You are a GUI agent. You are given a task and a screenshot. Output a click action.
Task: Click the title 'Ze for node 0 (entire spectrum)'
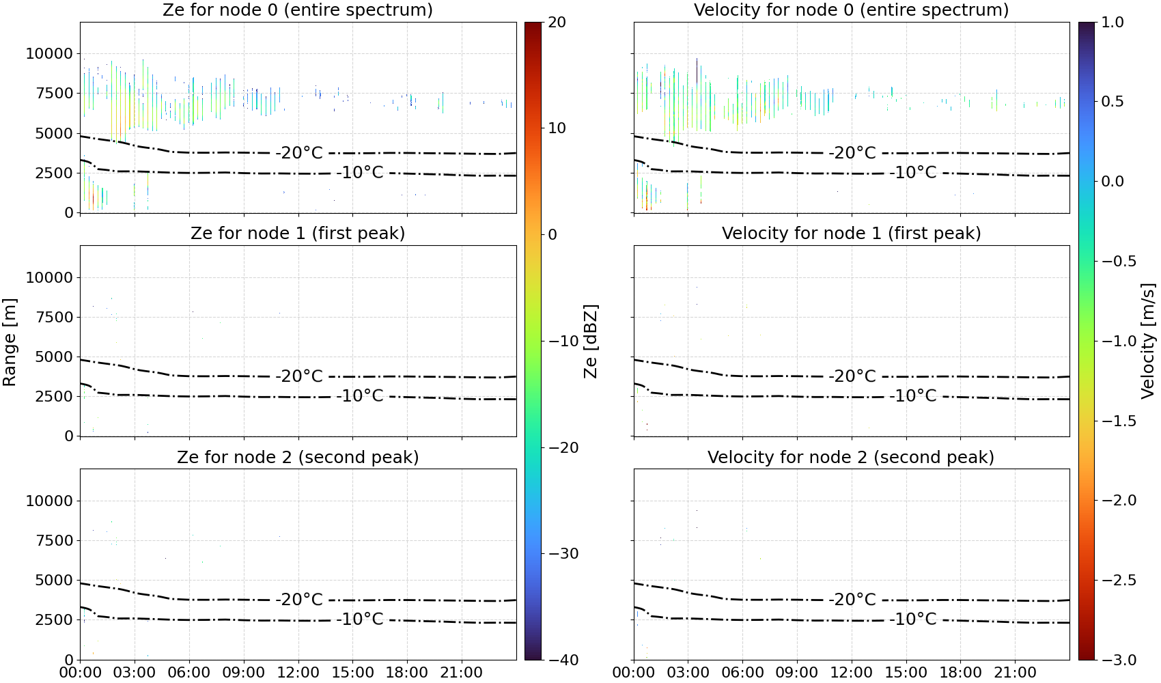(x=298, y=10)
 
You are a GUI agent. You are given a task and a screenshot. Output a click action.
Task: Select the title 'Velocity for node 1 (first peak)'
(x=852, y=233)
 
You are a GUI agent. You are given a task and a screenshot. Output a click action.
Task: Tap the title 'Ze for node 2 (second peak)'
(x=298, y=457)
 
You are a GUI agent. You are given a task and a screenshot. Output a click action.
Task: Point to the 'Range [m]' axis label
(x=10, y=342)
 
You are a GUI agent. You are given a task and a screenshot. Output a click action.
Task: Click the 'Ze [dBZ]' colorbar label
(x=590, y=341)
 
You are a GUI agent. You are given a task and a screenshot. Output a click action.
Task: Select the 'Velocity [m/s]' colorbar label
(x=1148, y=341)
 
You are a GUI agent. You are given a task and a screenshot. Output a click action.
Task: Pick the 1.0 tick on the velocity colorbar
(x=1113, y=23)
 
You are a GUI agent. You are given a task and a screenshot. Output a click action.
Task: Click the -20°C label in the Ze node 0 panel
(x=299, y=153)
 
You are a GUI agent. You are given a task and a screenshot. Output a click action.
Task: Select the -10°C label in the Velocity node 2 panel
(x=913, y=619)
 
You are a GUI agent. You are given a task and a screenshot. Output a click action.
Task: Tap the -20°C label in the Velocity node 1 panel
(x=852, y=376)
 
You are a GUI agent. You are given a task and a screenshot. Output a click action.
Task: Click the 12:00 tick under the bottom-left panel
(x=298, y=673)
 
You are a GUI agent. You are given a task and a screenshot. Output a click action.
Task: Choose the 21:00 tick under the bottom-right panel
(x=1015, y=673)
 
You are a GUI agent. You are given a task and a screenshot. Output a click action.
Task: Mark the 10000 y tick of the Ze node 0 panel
(x=50, y=53)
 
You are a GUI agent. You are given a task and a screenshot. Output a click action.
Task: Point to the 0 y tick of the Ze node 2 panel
(x=69, y=660)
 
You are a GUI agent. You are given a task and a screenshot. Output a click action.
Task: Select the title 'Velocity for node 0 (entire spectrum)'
(x=852, y=10)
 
